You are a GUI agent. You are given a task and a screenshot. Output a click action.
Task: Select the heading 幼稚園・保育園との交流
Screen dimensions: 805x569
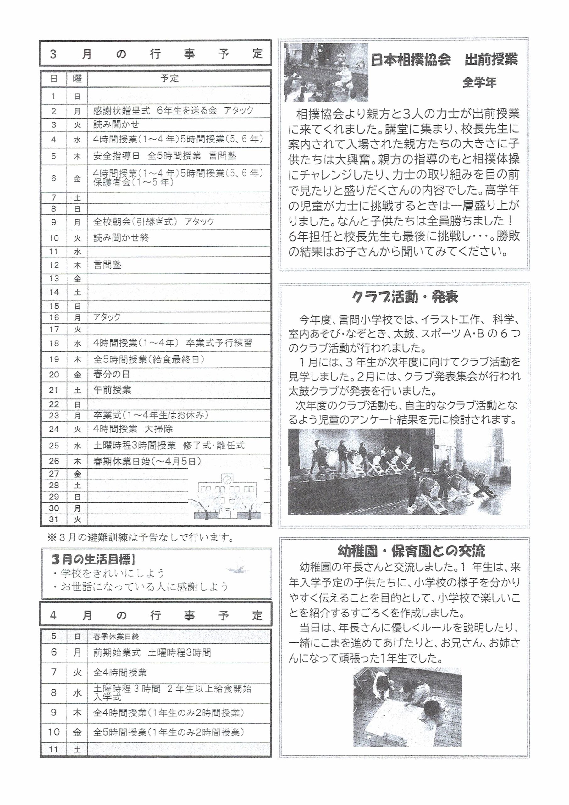pos(411,551)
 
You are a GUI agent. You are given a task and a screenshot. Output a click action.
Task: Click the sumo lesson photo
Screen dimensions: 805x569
pos(326,73)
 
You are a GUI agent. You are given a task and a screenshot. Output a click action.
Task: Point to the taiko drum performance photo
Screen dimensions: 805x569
pos(399,472)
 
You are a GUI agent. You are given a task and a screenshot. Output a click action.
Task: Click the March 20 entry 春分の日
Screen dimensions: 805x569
pos(112,374)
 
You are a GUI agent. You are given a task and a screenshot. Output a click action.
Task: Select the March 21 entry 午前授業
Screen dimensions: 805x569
pos(112,390)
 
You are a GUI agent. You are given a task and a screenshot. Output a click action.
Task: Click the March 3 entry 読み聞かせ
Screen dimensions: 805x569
pos(116,125)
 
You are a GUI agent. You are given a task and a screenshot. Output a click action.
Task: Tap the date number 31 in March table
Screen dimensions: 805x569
pos(54,519)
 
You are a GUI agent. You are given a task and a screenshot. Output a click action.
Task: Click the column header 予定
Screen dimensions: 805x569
pos(170,79)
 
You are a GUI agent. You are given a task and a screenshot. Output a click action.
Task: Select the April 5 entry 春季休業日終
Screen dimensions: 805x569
pos(116,636)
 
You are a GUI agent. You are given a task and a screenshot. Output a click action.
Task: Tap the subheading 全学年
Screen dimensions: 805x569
pos(479,83)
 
